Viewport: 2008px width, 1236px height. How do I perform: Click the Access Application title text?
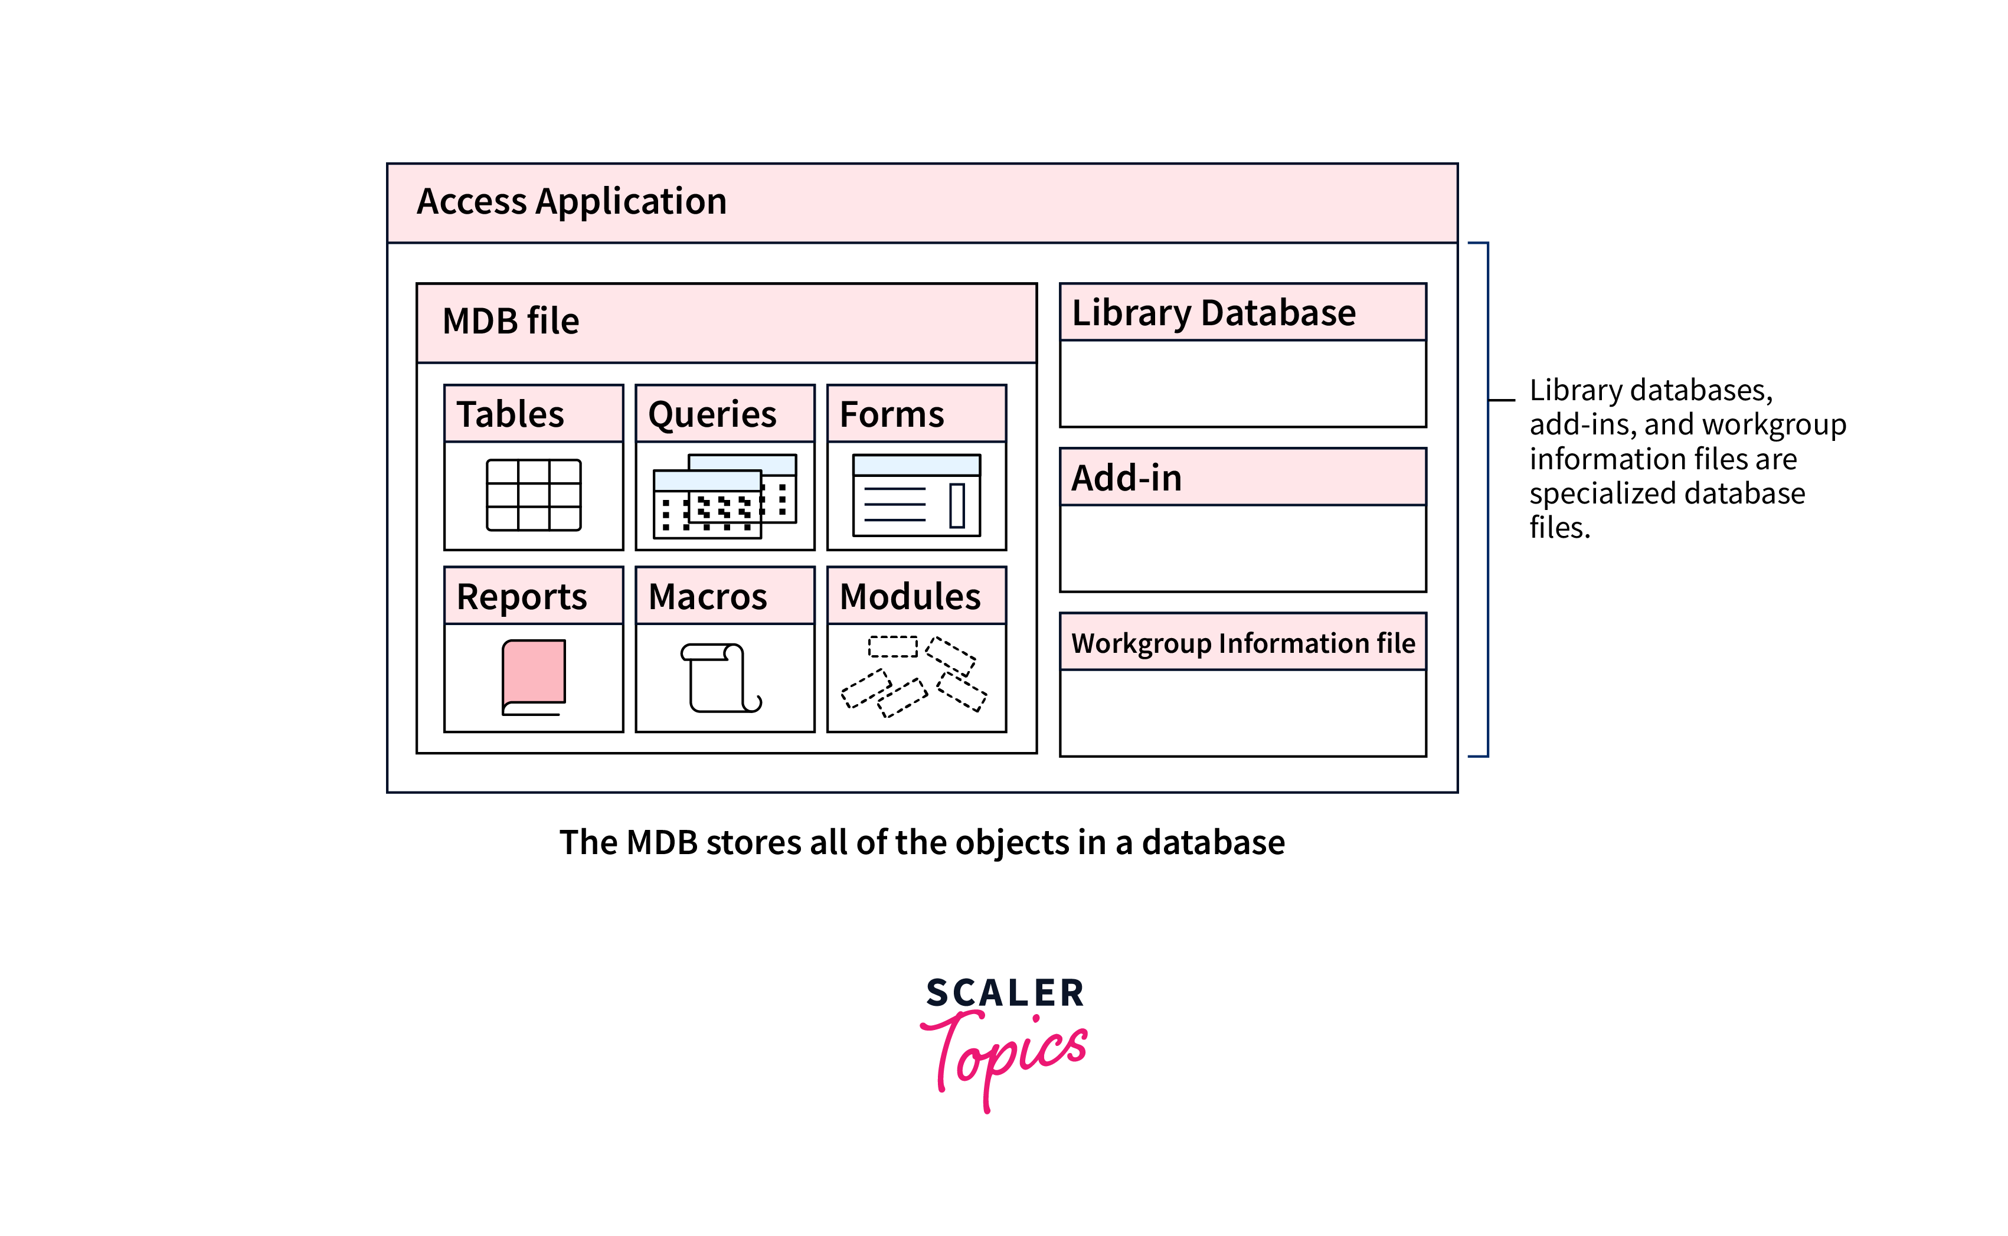click(x=571, y=202)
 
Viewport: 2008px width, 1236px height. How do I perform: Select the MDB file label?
click(x=510, y=321)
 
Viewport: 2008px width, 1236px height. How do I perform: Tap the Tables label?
click(x=510, y=414)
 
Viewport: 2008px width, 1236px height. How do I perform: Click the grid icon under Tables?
click(x=534, y=495)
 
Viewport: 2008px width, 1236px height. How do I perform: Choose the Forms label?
click(x=892, y=414)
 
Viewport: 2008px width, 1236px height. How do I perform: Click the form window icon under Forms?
click(x=916, y=495)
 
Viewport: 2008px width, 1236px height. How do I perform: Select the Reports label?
click(x=521, y=597)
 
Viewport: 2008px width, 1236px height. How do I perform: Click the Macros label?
click(x=707, y=597)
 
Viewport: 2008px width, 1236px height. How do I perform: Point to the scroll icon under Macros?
click(x=721, y=678)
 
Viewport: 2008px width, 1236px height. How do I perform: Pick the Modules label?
click(x=910, y=597)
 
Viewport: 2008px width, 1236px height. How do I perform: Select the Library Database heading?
click(x=1213, y=313)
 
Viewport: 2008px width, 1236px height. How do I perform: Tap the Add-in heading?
click(x=1126, y=478)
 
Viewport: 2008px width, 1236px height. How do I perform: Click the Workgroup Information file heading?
click(x=1242, y=643)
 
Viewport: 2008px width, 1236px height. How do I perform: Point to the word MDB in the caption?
click(x=661, y=843)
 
